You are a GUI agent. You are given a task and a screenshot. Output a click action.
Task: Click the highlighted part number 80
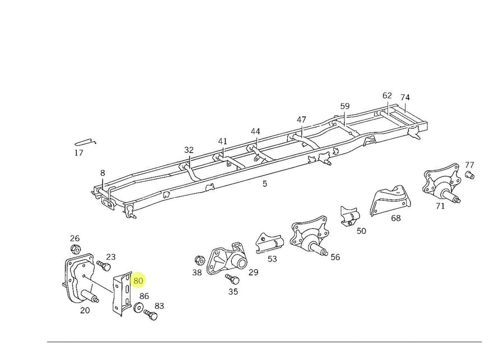tap(138, 280)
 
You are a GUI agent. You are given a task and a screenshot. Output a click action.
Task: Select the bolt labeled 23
tap(102, 265)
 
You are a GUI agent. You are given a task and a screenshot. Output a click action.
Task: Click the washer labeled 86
tap(138, 307)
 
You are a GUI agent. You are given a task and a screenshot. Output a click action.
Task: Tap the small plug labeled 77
tap(469, 175)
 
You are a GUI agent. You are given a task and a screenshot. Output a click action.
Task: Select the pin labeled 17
tap(85, 141)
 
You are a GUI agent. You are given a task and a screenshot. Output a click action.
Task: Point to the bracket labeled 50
tap(350, 216)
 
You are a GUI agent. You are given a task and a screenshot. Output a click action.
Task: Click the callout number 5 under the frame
tap(265, 183)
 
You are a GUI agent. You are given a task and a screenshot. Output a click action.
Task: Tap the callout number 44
tap(255, 132)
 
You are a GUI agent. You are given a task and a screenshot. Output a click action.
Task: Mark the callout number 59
tap(345, 106)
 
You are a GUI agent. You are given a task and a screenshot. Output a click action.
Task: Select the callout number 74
tap(405, 97)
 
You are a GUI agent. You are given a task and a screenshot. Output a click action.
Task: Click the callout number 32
tap(189, 149)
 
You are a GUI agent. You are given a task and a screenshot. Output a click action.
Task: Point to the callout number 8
tap(102, 173)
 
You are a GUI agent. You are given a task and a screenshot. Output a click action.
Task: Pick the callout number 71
tap(440, 206)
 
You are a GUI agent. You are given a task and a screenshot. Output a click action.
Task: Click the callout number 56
tap(335, 257)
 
